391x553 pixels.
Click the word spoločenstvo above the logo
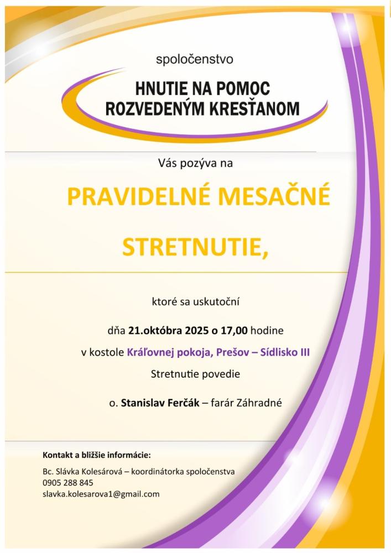[x=195, y=58]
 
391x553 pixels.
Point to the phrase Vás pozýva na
[x=195, y=163]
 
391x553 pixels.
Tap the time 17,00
[x=234, y=331]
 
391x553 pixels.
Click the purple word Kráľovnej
[x=148, y=352]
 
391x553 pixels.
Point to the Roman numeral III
[x=303, y=352]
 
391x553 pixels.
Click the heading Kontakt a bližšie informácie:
[x=97, y=455]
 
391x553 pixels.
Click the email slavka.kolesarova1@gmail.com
[x=101, y=494]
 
